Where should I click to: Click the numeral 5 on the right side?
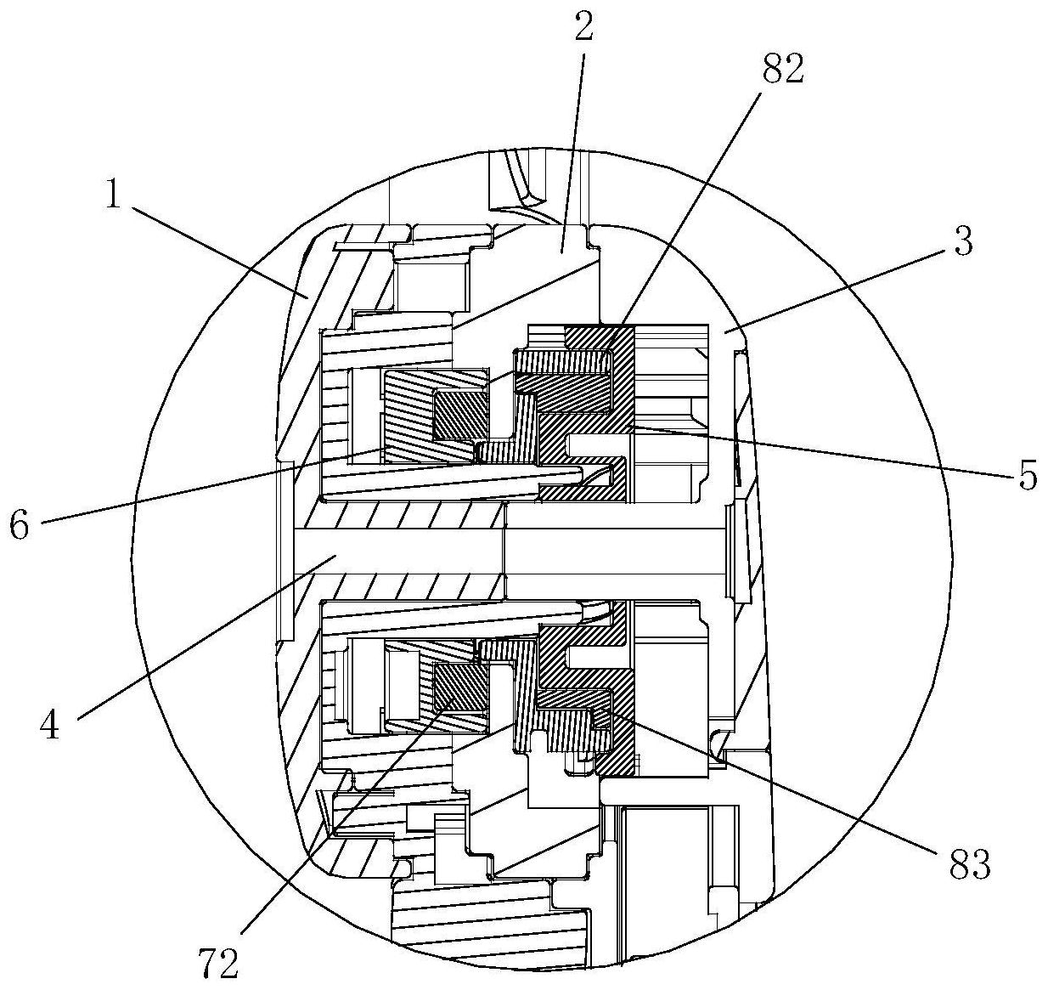[1028, 477]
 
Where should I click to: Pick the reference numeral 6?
[20, 524]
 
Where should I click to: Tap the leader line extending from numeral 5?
[824, 451]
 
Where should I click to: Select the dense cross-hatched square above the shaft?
[460, 416]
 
